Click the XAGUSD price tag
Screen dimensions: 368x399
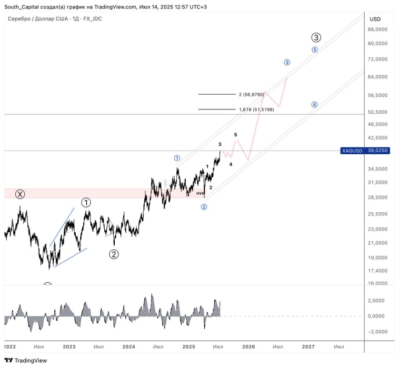click(x=352, y=151)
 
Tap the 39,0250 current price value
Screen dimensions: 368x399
click(x=378, y=151)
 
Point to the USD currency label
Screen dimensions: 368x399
click(x=375, y=19)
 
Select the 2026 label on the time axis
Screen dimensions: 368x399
click(x=248, y=346)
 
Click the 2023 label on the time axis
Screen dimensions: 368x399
click(x=69, y=346)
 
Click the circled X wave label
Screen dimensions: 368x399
click(x=20, y=194)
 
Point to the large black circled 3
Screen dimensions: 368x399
click(x=316, y=37)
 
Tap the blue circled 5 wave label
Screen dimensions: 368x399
click(x=315, y=50)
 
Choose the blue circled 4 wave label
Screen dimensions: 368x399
click(x=314, y=104)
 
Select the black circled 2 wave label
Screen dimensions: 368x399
click(x=114, y=254)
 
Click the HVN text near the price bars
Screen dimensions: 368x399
click(x=200, y=193)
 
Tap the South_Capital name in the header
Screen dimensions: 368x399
click(x=23, y=7)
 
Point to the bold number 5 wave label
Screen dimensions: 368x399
click(x=235, y=135)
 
